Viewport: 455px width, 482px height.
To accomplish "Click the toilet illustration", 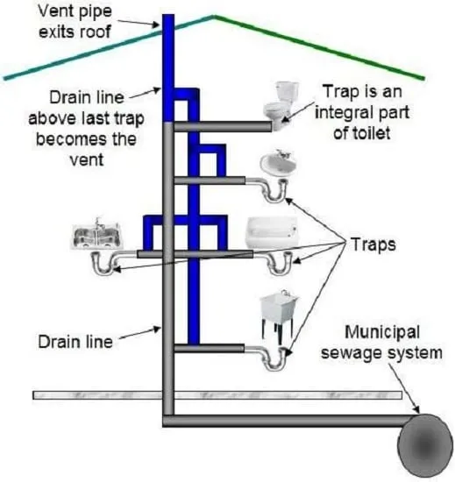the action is click(x=281, y=105).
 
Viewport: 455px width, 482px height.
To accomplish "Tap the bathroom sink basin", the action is click(x=278, y=163).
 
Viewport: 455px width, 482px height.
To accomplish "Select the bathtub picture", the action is click(x=272, y=232).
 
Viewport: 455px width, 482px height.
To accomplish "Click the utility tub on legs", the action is click(x=279, y=315).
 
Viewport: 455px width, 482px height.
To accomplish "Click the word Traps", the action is click(x=373, y=245).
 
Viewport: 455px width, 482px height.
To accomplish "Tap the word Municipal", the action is click(x=382, y=332).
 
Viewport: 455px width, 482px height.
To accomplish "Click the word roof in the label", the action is click(x=95, y=32).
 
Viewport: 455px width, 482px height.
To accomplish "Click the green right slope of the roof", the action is click(x=319, y=47).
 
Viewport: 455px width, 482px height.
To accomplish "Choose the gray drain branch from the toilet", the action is click(x=223, y=126).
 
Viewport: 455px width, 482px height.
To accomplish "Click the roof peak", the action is click(x=213, y=16).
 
